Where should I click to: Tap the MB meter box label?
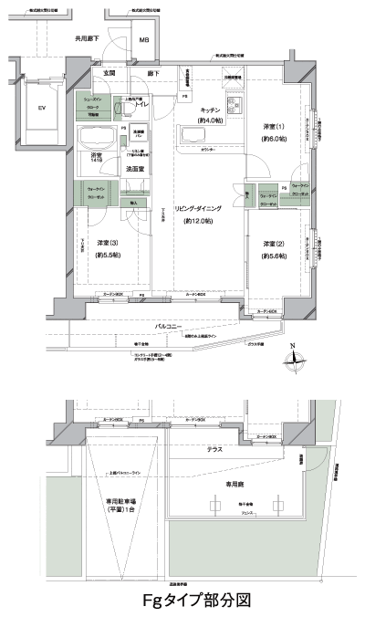pyautogui.click(x=144, y=41)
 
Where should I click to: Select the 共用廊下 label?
pyautogui.click(x=89, y=40)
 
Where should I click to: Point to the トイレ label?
pyautogui.click(x=142, y=105)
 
